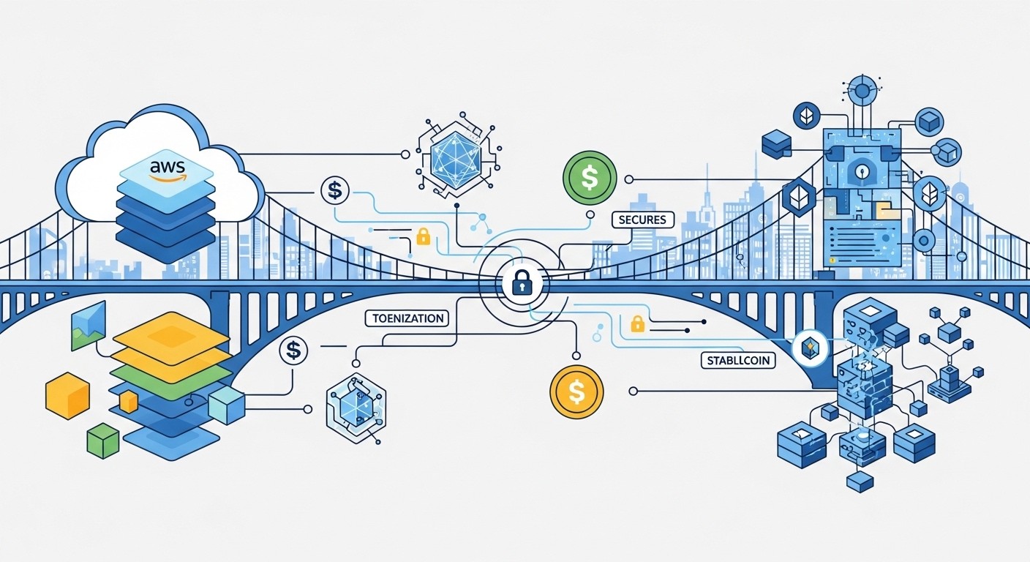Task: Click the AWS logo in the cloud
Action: click(166, 170)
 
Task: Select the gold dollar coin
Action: click(576, 391)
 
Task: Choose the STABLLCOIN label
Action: click(738, 360)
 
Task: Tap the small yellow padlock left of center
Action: click(422, 236)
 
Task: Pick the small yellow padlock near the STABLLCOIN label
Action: click(636, 323)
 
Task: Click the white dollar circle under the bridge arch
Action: click(293, 351)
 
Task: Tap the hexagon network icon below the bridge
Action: click(356, 406)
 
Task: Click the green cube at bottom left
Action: click(102, 441)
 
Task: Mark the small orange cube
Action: click(129, 401)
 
